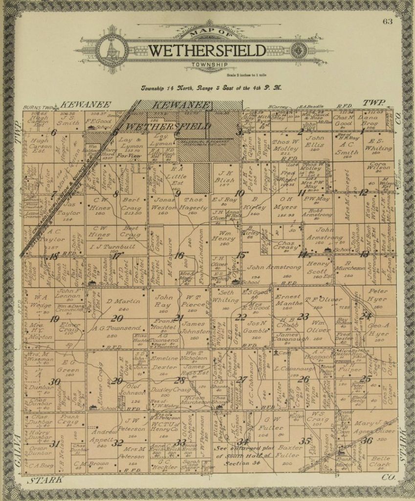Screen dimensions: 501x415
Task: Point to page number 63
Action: (x=388, y=21)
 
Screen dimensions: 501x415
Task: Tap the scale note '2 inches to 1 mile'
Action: (x=248, y=74)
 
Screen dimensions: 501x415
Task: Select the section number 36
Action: (x=367, y=440)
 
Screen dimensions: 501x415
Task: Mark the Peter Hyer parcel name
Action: (x=378, y=295)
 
